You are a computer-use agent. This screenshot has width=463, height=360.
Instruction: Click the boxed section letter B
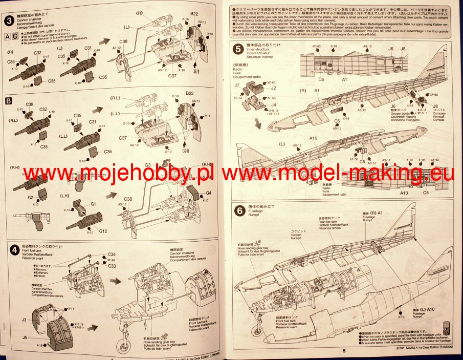pos(8,101)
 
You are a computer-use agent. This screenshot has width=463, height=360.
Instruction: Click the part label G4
pos(208,193)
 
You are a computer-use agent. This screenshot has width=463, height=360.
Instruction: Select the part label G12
pos(103,231)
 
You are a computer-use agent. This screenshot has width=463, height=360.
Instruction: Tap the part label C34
pos(112,255)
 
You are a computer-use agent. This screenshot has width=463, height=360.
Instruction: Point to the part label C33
pos(112,266)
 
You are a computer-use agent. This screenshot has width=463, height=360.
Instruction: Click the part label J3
pos(24,319)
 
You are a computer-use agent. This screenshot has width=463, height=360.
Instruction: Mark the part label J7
pos(237,86)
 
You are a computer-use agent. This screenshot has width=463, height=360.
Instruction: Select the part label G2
pos(31,197)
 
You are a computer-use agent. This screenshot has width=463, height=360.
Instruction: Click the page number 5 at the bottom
pos(344,351)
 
